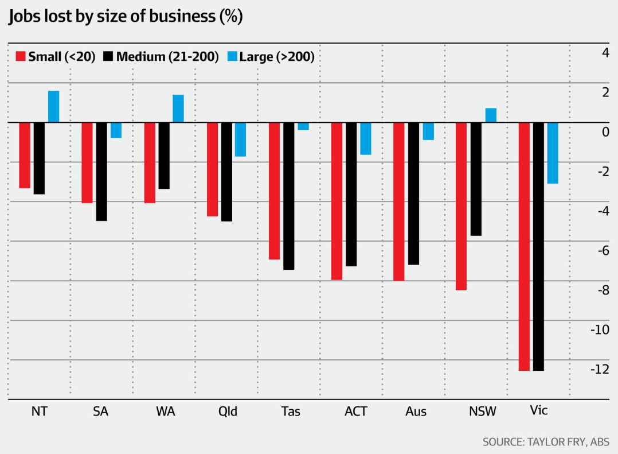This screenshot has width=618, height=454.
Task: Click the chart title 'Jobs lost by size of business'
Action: [126, 17]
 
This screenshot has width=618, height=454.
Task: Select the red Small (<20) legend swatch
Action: [20, 57]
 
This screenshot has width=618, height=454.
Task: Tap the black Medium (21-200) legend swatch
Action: [108, 57]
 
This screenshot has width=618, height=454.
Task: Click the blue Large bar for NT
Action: [53, 107]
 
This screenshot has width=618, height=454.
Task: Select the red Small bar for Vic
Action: [524, 246]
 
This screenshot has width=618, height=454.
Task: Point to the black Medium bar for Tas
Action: [288, 196]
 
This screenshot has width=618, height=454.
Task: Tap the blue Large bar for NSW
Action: [491, 115]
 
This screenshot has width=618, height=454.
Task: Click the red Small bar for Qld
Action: [212, 169]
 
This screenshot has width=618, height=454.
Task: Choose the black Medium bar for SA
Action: [101, 172]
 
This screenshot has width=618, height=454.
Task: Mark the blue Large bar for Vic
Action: [553, 153]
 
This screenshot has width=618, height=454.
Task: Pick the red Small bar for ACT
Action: [337, 201]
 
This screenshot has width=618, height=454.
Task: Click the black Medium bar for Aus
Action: [413, 193]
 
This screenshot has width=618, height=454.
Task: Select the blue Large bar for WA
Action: [178, 108]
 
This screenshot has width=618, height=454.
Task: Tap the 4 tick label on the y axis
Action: [604, 53]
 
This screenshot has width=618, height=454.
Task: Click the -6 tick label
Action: [602, 250]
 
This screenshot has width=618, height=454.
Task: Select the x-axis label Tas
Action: [291, 412]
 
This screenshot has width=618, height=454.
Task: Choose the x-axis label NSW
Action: [483, 412]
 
